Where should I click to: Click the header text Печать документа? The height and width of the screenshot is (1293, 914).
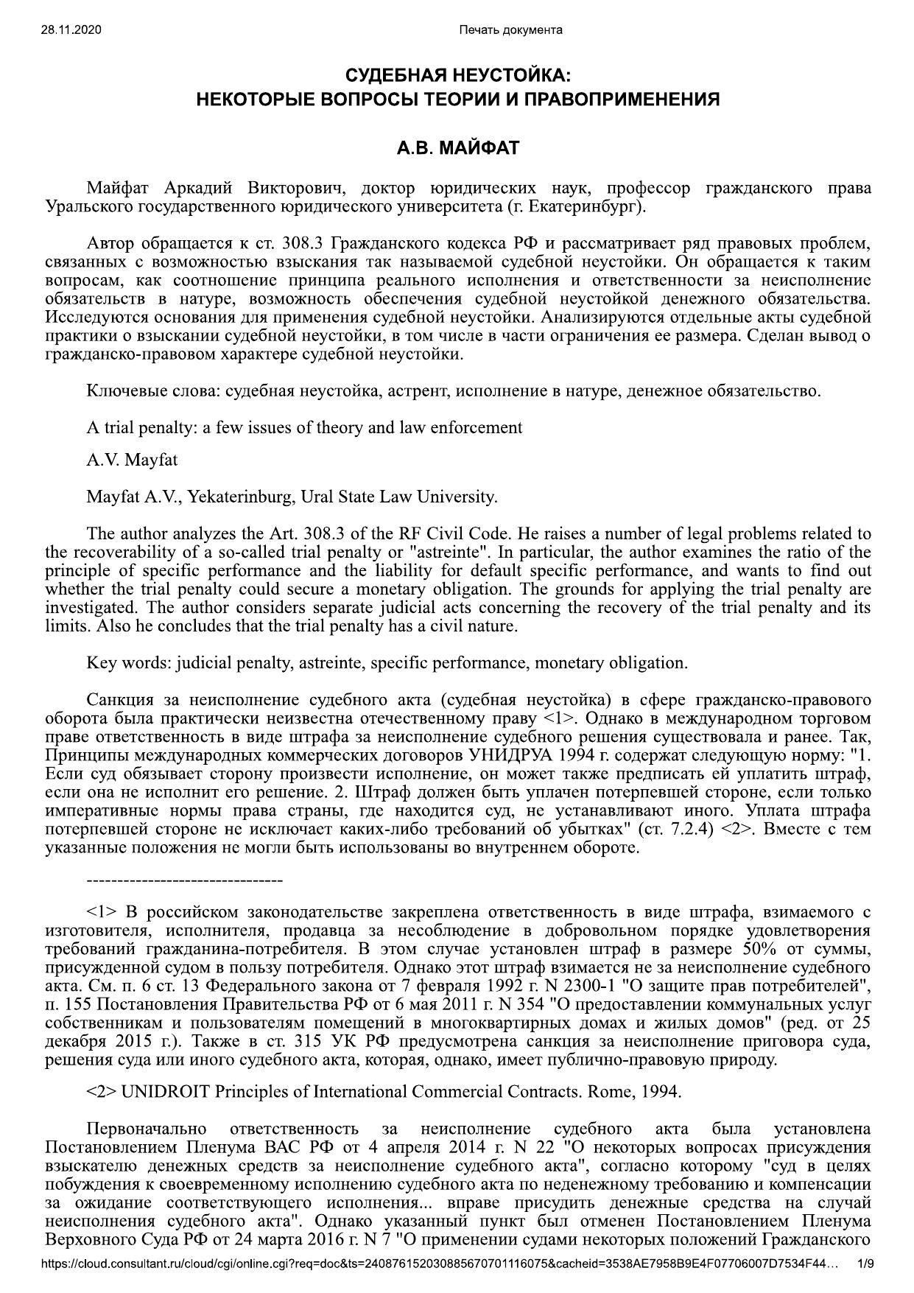510,29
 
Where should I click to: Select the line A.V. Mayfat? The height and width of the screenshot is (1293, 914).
132,460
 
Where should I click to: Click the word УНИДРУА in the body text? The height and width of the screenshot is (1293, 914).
507,755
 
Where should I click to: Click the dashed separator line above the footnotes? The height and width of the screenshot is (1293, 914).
184,880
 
